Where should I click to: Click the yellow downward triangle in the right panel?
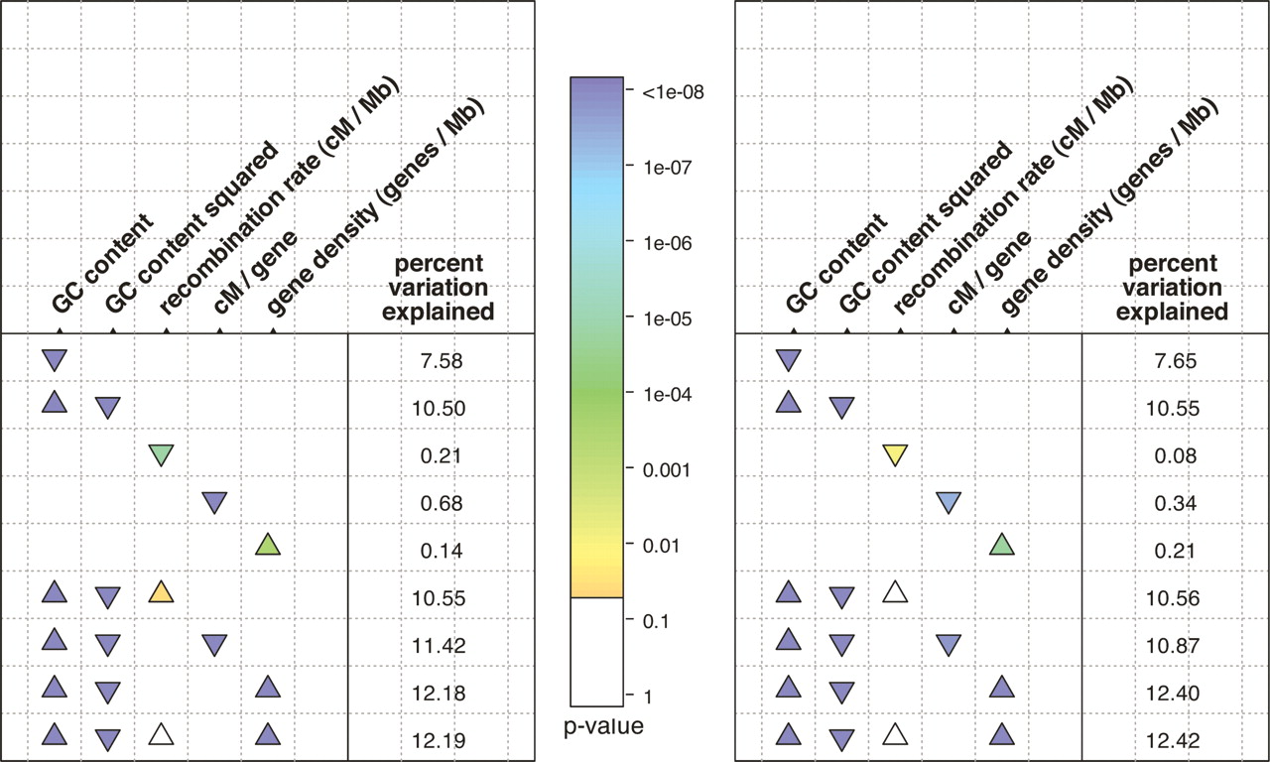(895, 454)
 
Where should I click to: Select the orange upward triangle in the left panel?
(161, 593)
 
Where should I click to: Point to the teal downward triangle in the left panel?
(161, 454)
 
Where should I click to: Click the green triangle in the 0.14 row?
(265, 544)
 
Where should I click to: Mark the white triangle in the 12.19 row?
(161, 735)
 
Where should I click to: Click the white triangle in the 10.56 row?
(895, 592)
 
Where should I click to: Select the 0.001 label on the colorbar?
(667, 469)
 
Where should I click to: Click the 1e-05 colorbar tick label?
(667, 318)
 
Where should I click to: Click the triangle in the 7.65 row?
(789, 359)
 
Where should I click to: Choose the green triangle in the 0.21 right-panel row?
(1002, 544)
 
